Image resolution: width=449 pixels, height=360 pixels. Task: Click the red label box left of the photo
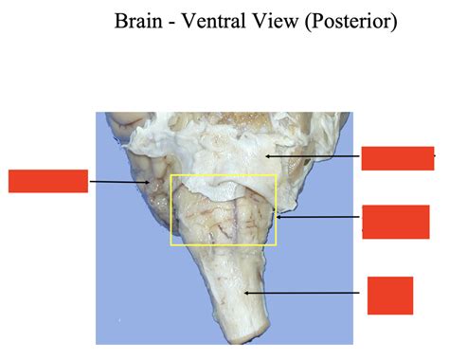pyautogui.click(x=48, y=181)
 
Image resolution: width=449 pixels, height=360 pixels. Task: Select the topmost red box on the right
pyautogui.click(x=398, y=158)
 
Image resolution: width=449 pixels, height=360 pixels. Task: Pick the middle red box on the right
pyautogui.click(x=389, y=221)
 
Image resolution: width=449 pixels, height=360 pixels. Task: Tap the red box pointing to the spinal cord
pyautogui.click(x=390, y=295)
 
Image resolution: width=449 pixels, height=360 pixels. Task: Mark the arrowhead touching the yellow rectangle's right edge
pyautogui.click(x=278, y=217)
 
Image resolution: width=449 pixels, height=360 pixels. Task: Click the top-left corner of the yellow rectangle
pyautogui.click(x=170, y=175)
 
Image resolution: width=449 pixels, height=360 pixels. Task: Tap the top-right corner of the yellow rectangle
pyautogui.click(x=276, y=175)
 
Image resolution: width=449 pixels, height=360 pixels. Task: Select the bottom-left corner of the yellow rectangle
pyautogui.click(x=170, y=245)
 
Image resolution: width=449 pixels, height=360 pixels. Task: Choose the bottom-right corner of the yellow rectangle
pyautogui.click(x=276, y=245)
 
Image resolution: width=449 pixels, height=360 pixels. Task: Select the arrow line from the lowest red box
pyautogui.click(x=308, y=294)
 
